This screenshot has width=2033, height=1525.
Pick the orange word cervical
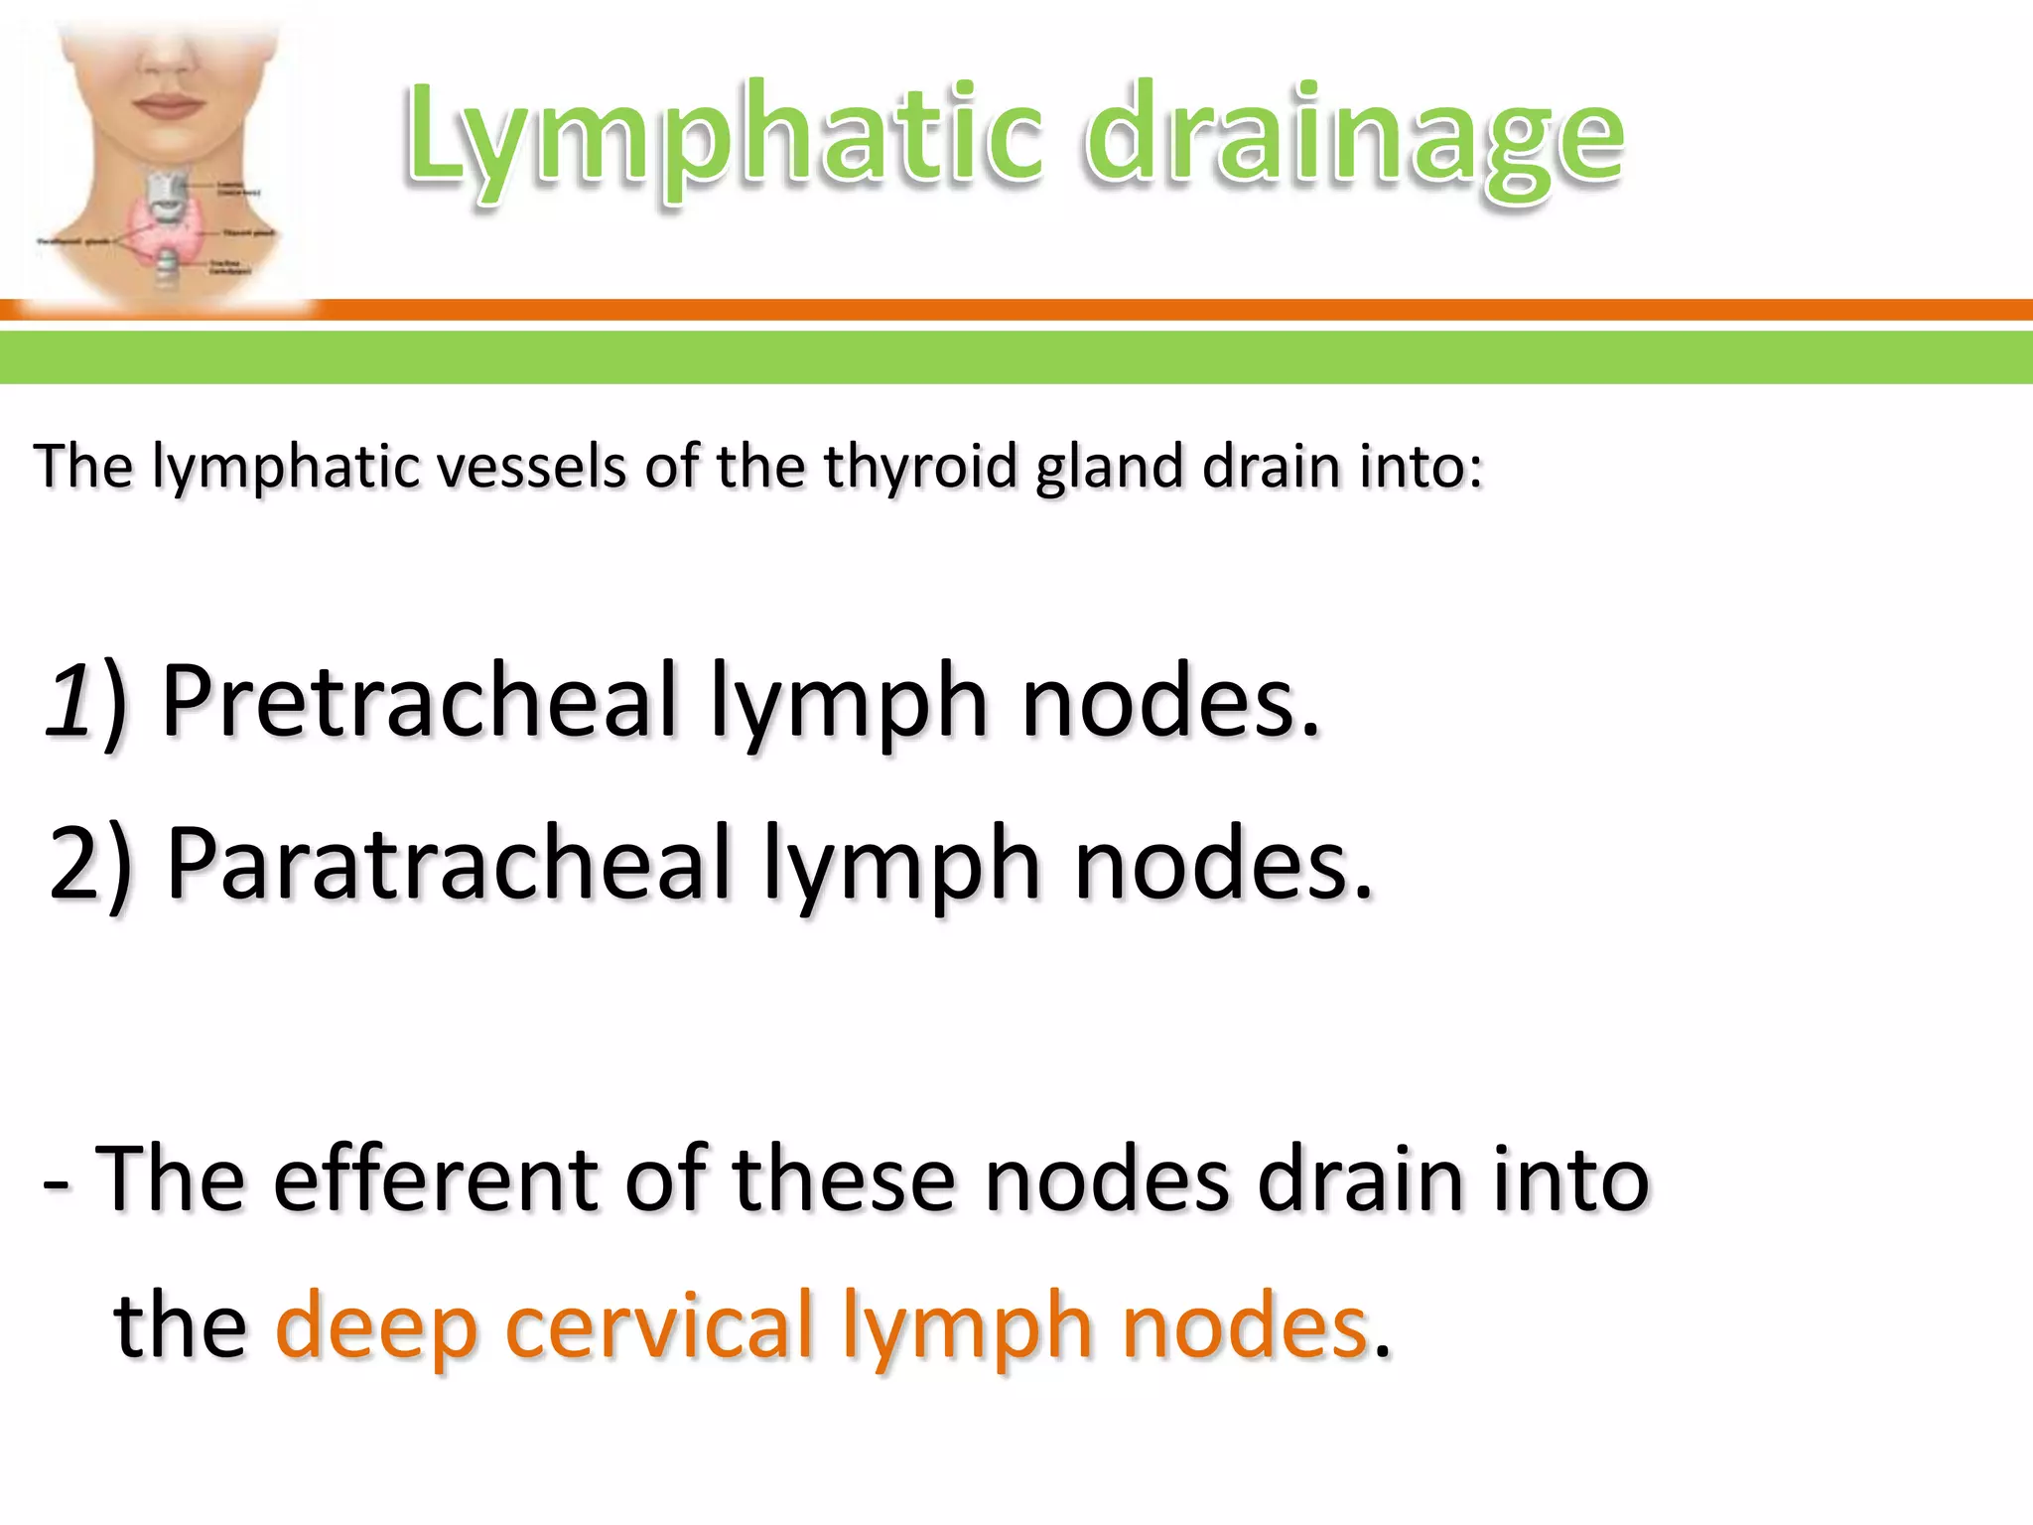click(659, 1325)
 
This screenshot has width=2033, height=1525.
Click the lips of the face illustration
click(167, 103)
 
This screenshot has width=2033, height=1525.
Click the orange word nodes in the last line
click(1246, 1325)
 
